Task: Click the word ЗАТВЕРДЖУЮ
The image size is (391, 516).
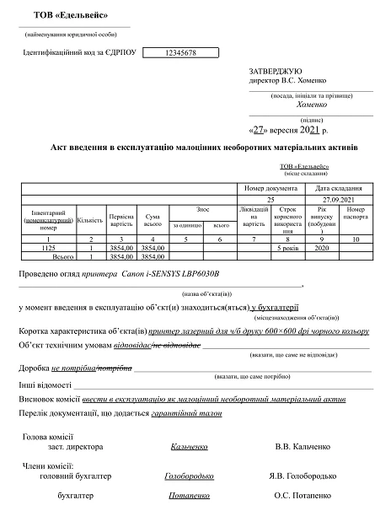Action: click(x=271, y=73)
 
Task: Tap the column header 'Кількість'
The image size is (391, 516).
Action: click(x=89, y=220)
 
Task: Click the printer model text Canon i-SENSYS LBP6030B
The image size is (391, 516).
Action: click(x=170, y=275)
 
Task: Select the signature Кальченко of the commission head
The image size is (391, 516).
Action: click(x=188, y=447)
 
